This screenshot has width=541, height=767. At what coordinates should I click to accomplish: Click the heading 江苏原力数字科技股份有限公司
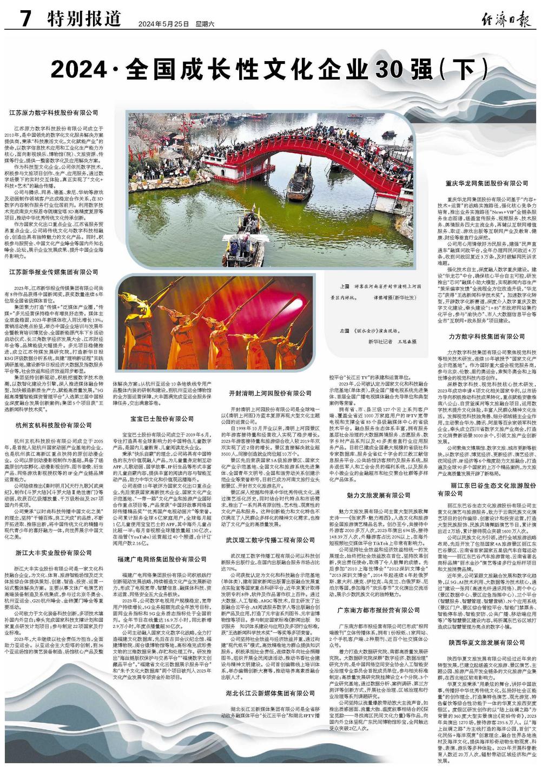tap(54, 113)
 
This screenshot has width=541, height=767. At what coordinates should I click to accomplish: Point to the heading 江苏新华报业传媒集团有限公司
tap(54, 272)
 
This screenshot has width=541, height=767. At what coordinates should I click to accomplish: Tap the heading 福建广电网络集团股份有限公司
tap(162, 559)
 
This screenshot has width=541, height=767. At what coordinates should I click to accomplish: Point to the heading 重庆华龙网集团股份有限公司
tap(487, 183)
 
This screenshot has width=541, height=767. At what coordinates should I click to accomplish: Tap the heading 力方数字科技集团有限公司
tap(487, 336)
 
